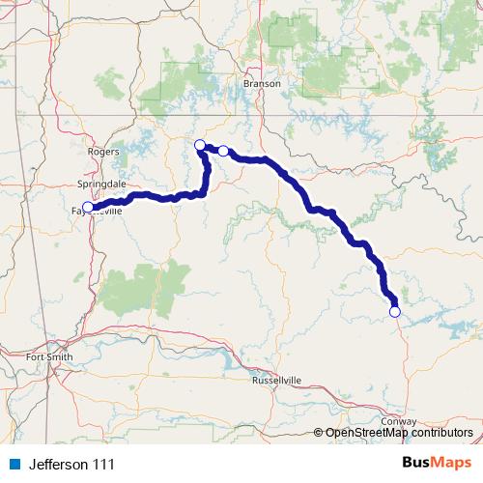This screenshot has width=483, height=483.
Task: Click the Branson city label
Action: [262, 83]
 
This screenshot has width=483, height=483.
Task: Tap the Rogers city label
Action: [103, 152]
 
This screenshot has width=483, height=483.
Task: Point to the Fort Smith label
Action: [50, 357]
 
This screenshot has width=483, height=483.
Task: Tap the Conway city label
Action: [399, 422]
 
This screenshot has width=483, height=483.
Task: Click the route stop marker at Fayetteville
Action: [88, 207]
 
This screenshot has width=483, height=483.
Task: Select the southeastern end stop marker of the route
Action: [394, 311]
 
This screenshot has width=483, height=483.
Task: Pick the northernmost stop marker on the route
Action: [200, 145]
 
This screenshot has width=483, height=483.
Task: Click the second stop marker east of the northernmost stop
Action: [223, 151]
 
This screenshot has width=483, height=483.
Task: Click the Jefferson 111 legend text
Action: [71, 465]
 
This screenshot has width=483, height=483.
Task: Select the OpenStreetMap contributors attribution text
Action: [399, 433]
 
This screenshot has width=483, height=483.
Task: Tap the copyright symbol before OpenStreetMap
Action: [320, 433]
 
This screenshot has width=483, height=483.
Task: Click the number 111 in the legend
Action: [102, 465]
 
